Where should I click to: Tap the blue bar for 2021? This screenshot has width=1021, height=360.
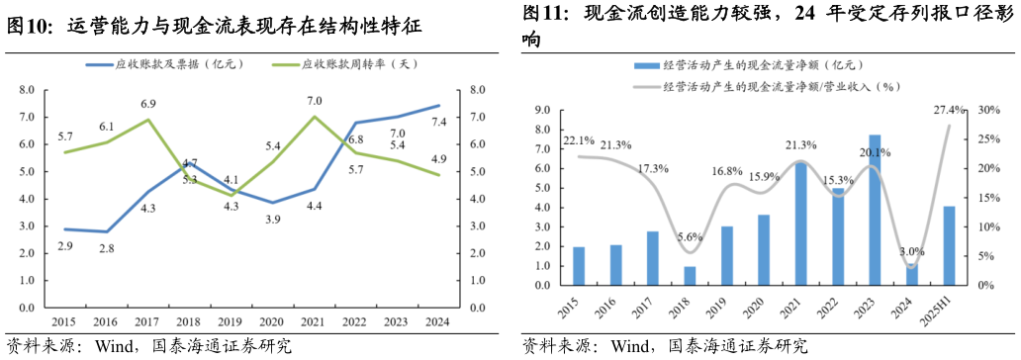pyautogui.click(x=801, y=224)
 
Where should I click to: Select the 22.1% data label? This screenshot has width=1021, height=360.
pyautogui.click(x=579, y=140)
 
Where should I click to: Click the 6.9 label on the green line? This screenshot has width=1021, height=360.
pyautogui.click(x=148, y=104)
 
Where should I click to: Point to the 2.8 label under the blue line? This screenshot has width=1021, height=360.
pyautogui.click(x=106, y=248)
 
